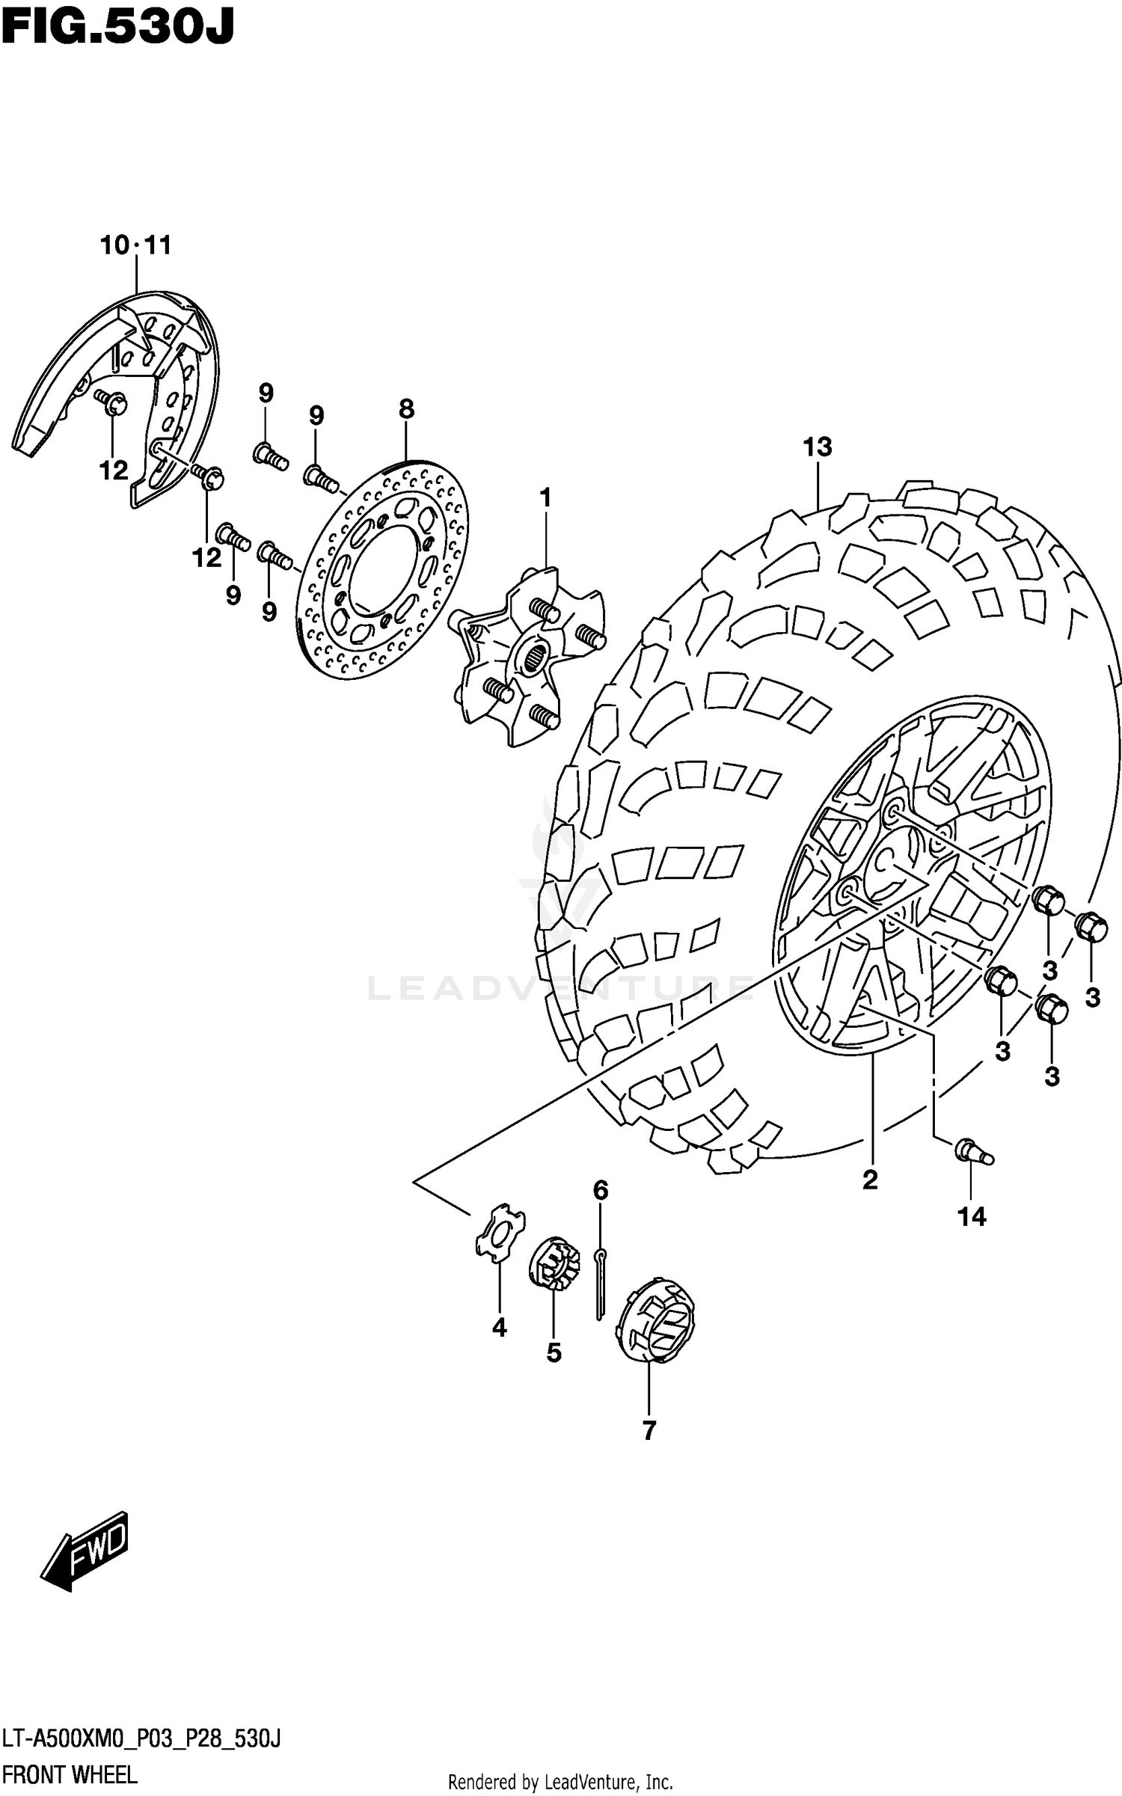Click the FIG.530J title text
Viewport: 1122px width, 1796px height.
117,28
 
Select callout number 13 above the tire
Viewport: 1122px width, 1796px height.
817,447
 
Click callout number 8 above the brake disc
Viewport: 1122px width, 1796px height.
405,409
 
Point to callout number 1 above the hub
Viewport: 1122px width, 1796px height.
545,497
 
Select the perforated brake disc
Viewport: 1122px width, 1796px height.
381,570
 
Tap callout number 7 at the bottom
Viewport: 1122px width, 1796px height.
649,1430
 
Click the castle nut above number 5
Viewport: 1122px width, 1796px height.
554,1263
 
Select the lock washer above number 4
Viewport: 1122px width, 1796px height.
499,1232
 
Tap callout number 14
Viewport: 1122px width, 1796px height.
972,1217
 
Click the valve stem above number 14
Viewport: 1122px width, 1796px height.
974,1152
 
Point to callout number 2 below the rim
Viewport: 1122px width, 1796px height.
869,1180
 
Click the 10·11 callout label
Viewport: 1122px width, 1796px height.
136,245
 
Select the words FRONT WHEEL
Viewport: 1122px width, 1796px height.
70,1774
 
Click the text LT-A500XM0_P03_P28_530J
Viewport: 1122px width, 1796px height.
141,1739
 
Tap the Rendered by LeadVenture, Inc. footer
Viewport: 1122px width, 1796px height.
560,1782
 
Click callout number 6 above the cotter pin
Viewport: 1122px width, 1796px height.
601,1189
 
